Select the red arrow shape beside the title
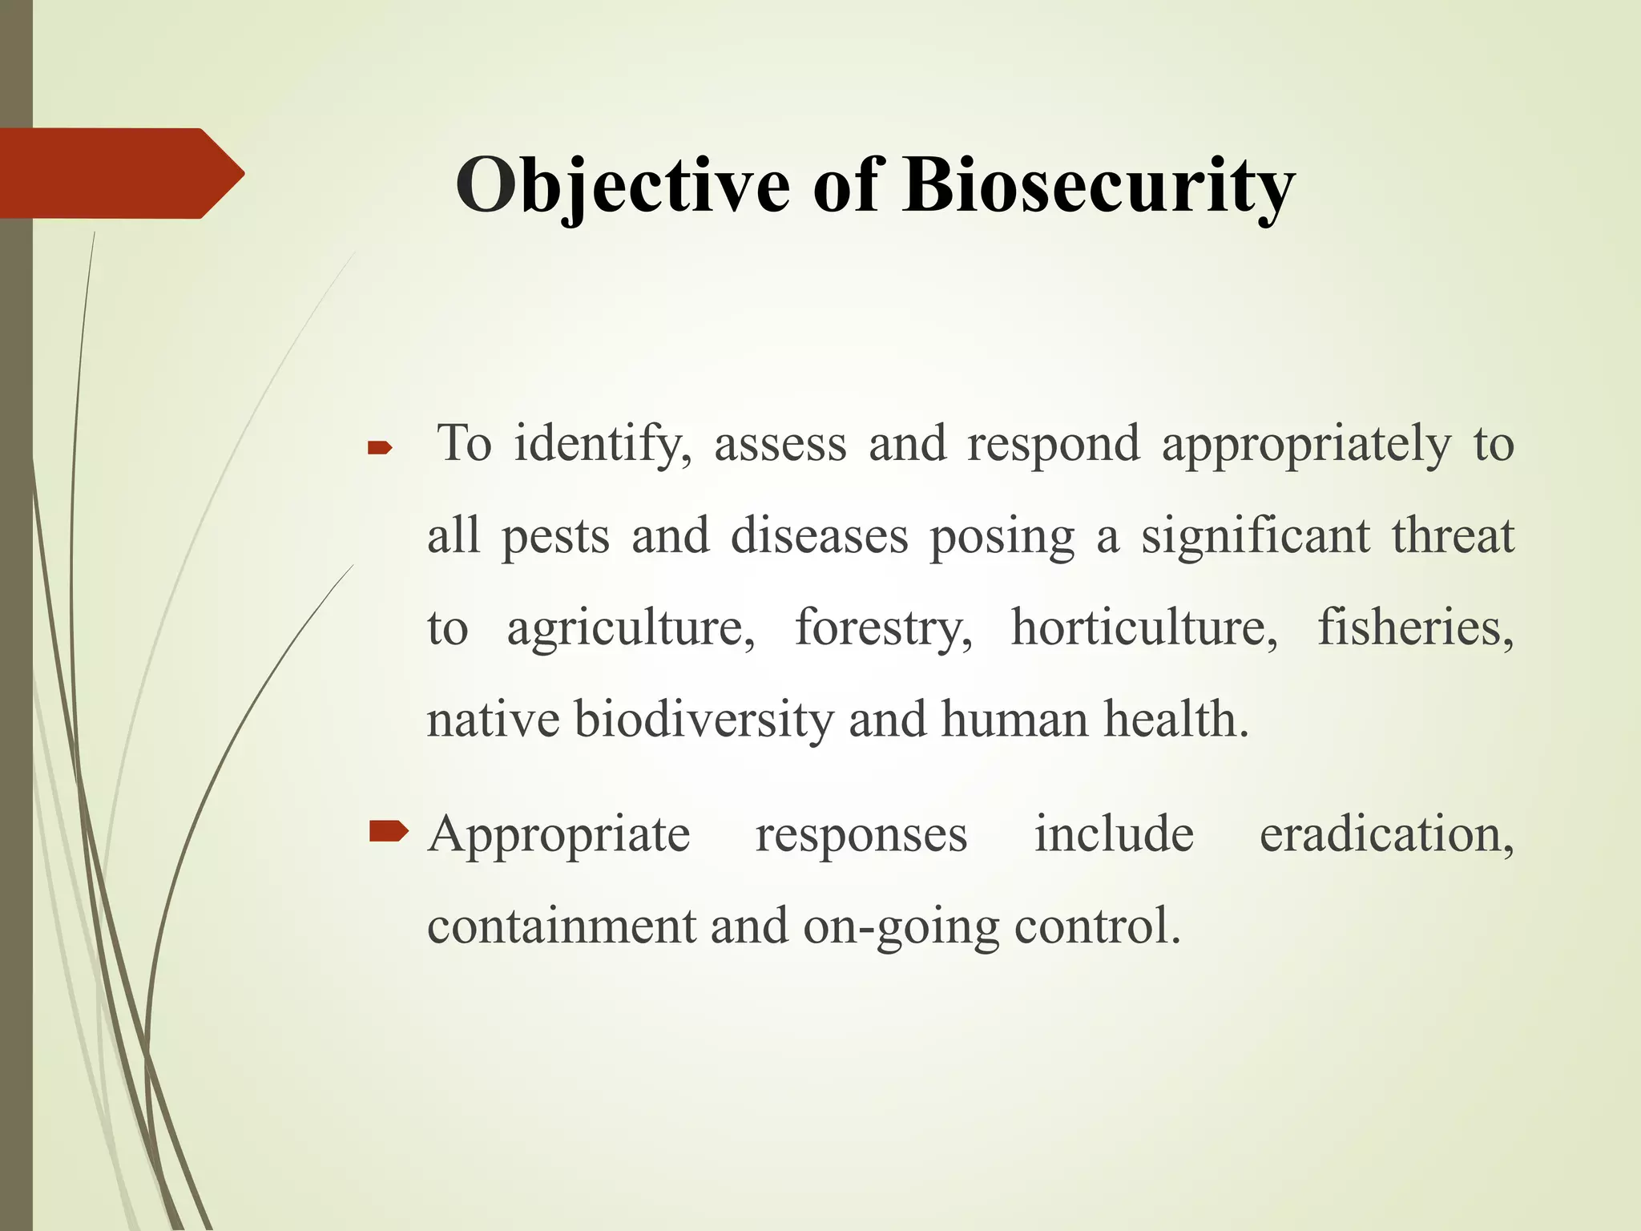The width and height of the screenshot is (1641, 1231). pyautogui.click(x=120, y=173)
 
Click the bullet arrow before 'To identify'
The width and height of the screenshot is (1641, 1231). pyautogui.click(x=379, y=450)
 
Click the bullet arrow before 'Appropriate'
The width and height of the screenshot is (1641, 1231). pyautogui.click(x=389, y=833)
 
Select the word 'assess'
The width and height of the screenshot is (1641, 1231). pyautogui.click(x=780, y=445)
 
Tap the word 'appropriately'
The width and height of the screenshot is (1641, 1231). pyautogui.click(x=1306, y=445)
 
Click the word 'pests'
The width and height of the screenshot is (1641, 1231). pyautogui.click(x=555, y=537)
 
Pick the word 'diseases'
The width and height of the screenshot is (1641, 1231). pyautogui.click(x=819, y=537)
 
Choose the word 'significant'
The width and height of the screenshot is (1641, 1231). pyautogui.click(x=1256, y=537)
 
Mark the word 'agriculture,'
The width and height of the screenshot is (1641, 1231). pyautogui.click(x=631, y=629)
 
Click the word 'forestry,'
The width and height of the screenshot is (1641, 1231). pyautogui.click(x=884, y=629)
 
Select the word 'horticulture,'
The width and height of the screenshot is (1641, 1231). pyautogui.click(x=1144, y=629)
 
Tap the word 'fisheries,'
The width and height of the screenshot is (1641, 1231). pyautogui.click(x=1416, y=629)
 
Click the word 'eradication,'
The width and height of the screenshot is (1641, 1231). pyautogui.click(x=1386, y=835)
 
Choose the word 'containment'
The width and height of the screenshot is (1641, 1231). pyautogui.click(x=562, y=927)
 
